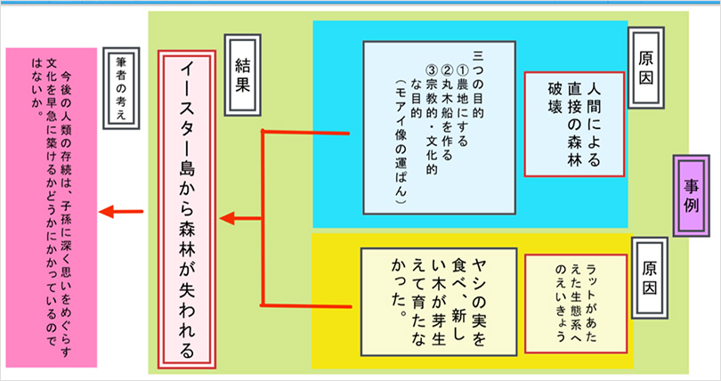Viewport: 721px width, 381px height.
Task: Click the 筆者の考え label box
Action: point(124,85)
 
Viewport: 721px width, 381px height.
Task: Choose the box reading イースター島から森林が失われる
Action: point(188,209)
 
